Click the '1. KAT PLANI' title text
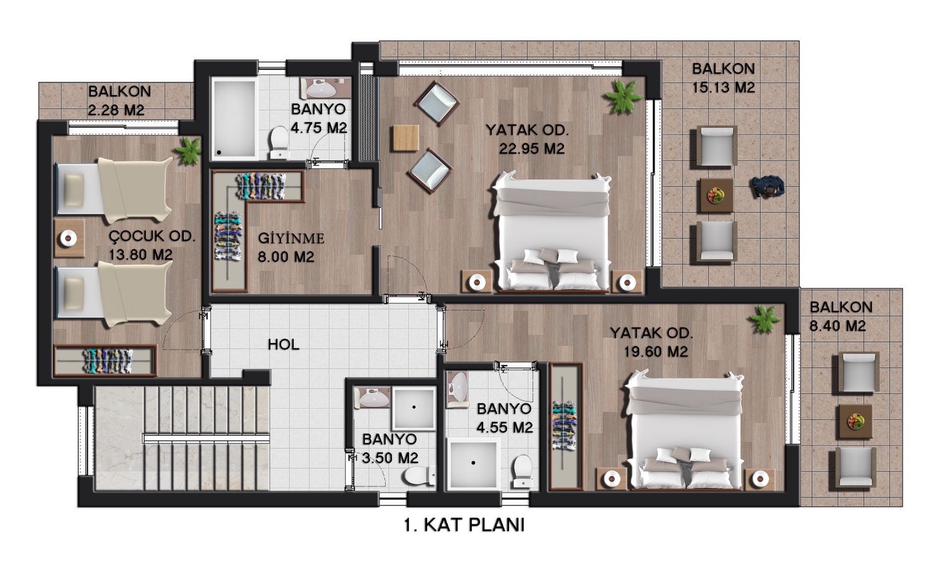pyautogui.click(x=464, y=525)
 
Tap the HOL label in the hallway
pyautogui.click(x=283, y=344)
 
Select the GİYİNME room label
pyautogui.click(x=291, y=238)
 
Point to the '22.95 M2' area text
pyautogui.click(x=531, y=148)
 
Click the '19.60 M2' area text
pyautogui.click(x=655, y=351)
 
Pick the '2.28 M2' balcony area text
pyautogui.click(x=116, y=110)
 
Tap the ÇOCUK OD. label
pyautogui.click(x=152, y=236)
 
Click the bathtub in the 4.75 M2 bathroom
pyautogui.click(x=234, y=118)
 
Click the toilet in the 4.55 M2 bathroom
pyautogui.click(x=523, y=471)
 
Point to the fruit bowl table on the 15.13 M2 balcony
pyautogui.click(x=717, y=195)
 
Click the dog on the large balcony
pyautogui.click(x=768, y=187)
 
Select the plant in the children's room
pyautogui.click(x=188, y=151)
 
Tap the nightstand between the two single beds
pyautogui.click(x=69, y=238)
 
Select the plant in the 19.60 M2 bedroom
pyautogui.click(x=764, y=319)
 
